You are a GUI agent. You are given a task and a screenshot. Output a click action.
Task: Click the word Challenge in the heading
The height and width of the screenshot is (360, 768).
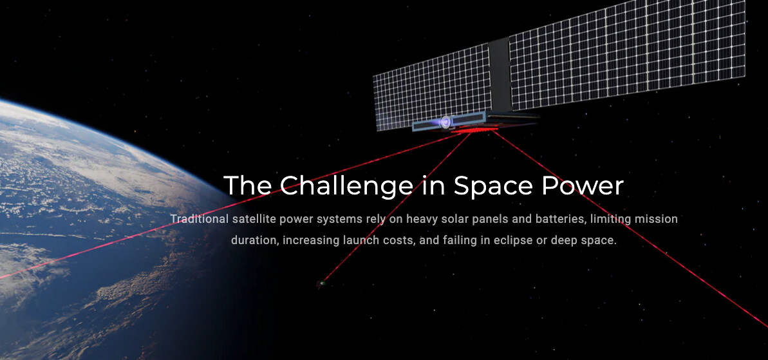pyautogui.click(x=346, y=186)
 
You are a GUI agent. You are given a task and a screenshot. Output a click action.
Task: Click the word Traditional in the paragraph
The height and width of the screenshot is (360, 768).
pyautogui.click(x=200, y=219)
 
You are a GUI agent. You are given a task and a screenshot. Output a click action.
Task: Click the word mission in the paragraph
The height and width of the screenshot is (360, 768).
pyautogui.click(x=656, y=219)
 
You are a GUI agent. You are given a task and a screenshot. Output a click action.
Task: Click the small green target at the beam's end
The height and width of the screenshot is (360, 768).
pyautogui.click(x=321, y=283)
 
